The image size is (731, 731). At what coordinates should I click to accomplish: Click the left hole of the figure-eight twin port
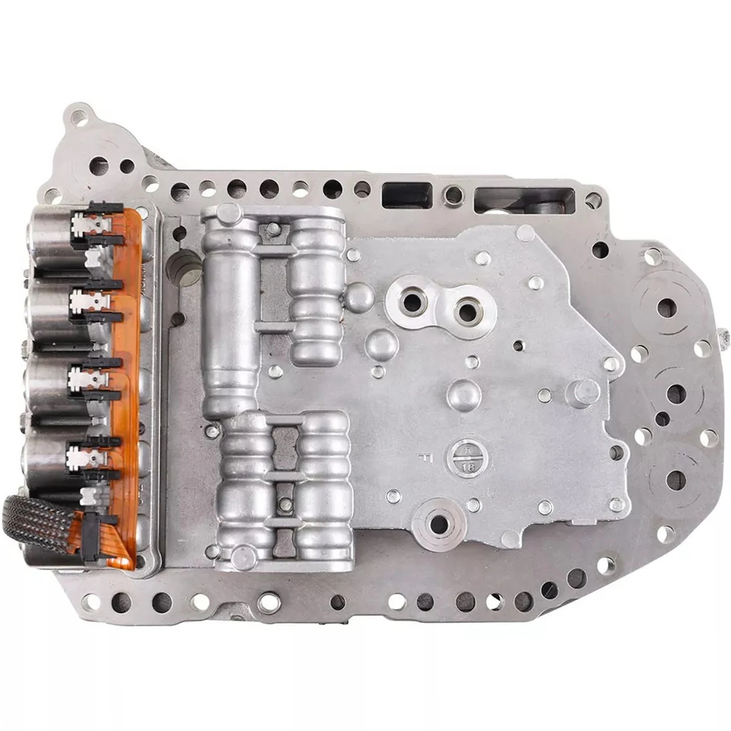tap(412, 303)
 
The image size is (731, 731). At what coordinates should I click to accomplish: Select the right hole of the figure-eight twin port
tap(466, 310)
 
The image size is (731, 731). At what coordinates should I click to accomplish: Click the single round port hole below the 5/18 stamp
tap(439, 524)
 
